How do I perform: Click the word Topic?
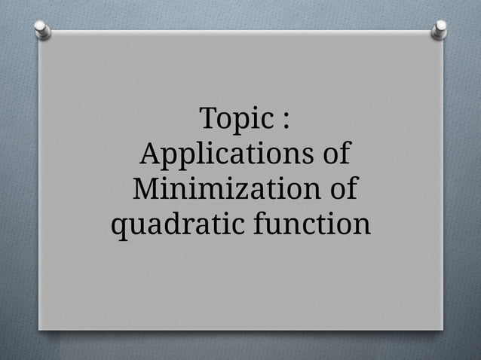tap(234, 120)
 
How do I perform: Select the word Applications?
tap(225, 155)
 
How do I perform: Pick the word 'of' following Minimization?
tap(341, 189)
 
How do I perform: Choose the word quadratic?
tap(177, 224)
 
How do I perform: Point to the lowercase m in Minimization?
tap(212, 191)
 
